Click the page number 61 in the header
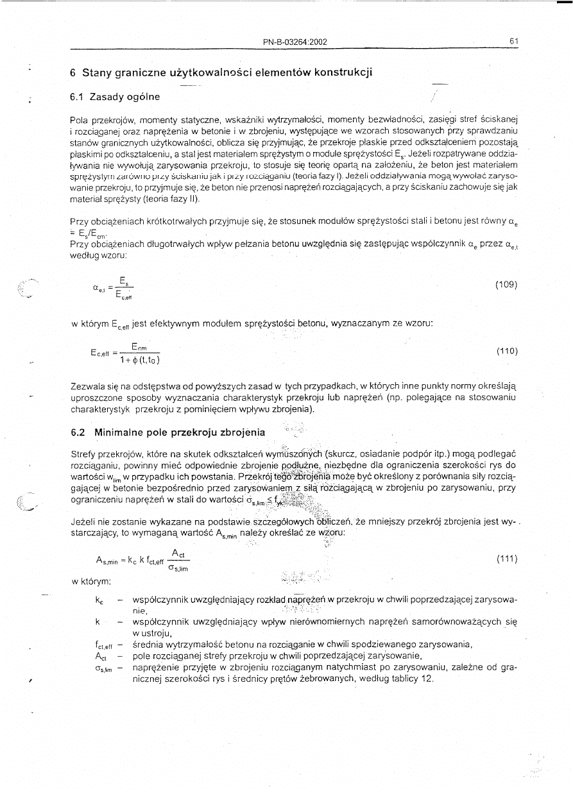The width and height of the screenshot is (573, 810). pyautogui.click(x=513, y=42)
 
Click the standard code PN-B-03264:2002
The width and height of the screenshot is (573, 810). pyautogui.click(x=295, y=42)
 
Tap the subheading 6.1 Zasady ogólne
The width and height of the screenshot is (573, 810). pyautogui.click(x=115, y=97)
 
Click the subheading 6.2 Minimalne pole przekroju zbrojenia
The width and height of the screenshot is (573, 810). pyautogui.click(x=166, y=432)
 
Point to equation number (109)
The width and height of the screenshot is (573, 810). pyautogui.click(x=506, y=284)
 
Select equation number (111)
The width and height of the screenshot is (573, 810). pyautogui.click(x=506, y=559)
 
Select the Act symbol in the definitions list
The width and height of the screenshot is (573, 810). pyautogui.click(x=100, y=655)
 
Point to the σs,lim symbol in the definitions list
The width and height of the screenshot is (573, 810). pyautogui.click(x=103, y=667)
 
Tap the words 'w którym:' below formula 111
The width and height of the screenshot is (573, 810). pyautogui.click(x=91, y=581)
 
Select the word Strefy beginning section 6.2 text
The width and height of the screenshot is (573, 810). pyautogui.click(x=83, y=454)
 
